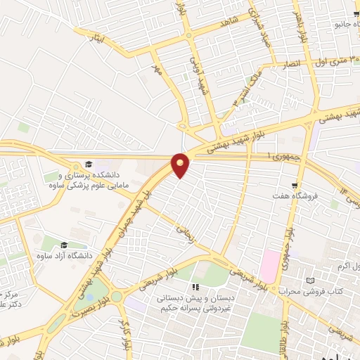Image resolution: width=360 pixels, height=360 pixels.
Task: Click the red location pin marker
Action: click(181, 165)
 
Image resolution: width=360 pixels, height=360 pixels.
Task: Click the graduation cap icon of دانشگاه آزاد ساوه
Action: click(65, 245)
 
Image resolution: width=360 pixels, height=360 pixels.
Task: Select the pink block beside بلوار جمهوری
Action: click(269, 266)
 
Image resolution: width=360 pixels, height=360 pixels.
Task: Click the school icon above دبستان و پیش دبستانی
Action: click(196, 287)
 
